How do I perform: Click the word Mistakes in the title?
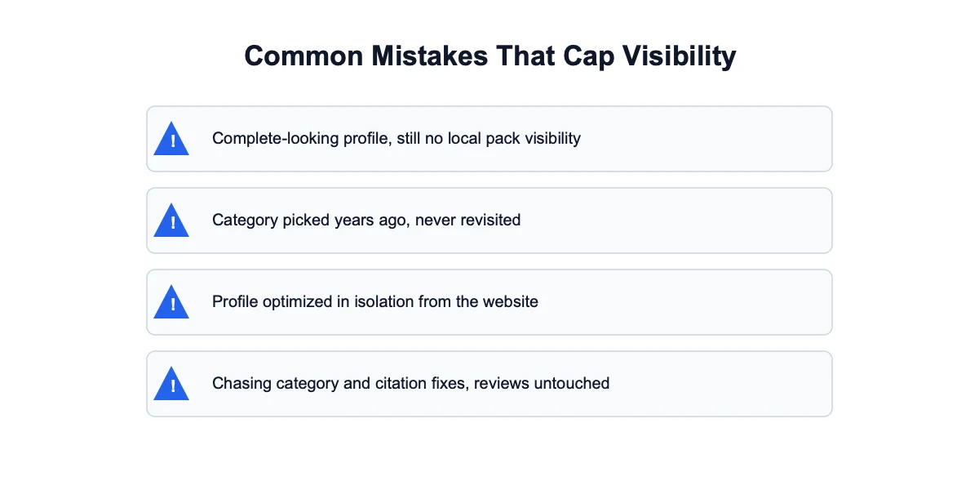pos(429,56)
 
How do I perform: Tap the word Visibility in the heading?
pos(679,57)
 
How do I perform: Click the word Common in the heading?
pos(303,56)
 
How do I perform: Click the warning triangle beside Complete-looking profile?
pos(171,138)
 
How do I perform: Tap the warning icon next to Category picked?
pos(171,220)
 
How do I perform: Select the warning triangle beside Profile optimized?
pos(171,302)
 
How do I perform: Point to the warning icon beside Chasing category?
pos(171,384)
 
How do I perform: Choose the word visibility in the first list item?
pos(553,139)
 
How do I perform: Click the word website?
pos(511,302)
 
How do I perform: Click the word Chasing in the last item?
pos(241,384)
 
